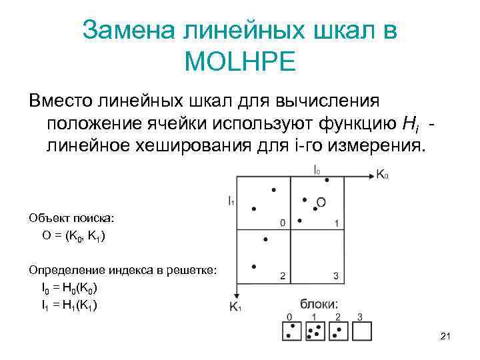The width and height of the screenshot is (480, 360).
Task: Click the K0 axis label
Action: tap(383, 175)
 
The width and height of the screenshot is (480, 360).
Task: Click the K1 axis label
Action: tap(235, 307)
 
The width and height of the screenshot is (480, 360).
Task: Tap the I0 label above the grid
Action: tap(317, 169)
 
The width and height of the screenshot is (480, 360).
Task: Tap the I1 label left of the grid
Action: tap(230, 200)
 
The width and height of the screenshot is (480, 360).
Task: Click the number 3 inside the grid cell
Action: tap(336, 276)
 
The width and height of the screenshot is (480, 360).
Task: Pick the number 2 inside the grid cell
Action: tap(283, 276)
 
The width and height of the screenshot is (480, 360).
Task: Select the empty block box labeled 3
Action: tap(361, 331)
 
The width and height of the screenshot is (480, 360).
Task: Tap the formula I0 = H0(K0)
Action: tap(70, 289)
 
